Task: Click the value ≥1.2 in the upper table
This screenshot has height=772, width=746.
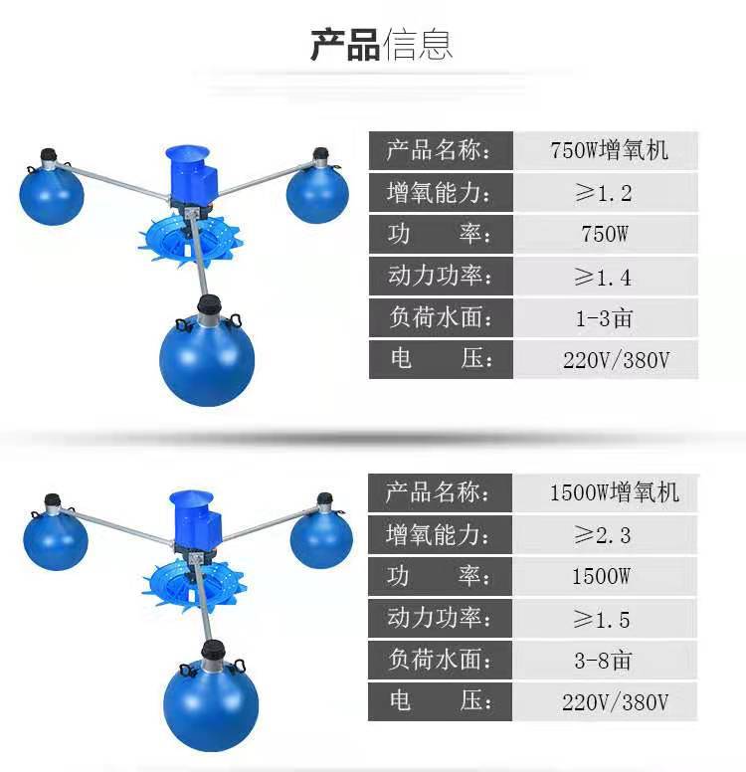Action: pos(604,192)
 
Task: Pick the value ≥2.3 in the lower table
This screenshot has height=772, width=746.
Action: pos(603,535)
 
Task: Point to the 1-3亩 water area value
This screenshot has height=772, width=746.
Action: pos(604,318)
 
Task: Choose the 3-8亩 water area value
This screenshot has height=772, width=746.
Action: pos(603,661)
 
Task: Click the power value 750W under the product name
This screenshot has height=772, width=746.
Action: pos(604,235)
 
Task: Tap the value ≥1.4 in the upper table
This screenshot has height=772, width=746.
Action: pos(604,277)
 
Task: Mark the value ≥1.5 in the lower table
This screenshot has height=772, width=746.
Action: pos(603,619)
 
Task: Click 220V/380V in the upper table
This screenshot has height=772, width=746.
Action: pos(616,360)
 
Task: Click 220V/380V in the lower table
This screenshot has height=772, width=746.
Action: pos(615,702)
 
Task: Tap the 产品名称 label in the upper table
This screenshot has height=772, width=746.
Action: pos(439,150)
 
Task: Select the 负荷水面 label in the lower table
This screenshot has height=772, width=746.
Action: pos(439,661)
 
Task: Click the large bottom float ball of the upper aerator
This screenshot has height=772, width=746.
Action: pos(208,358)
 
